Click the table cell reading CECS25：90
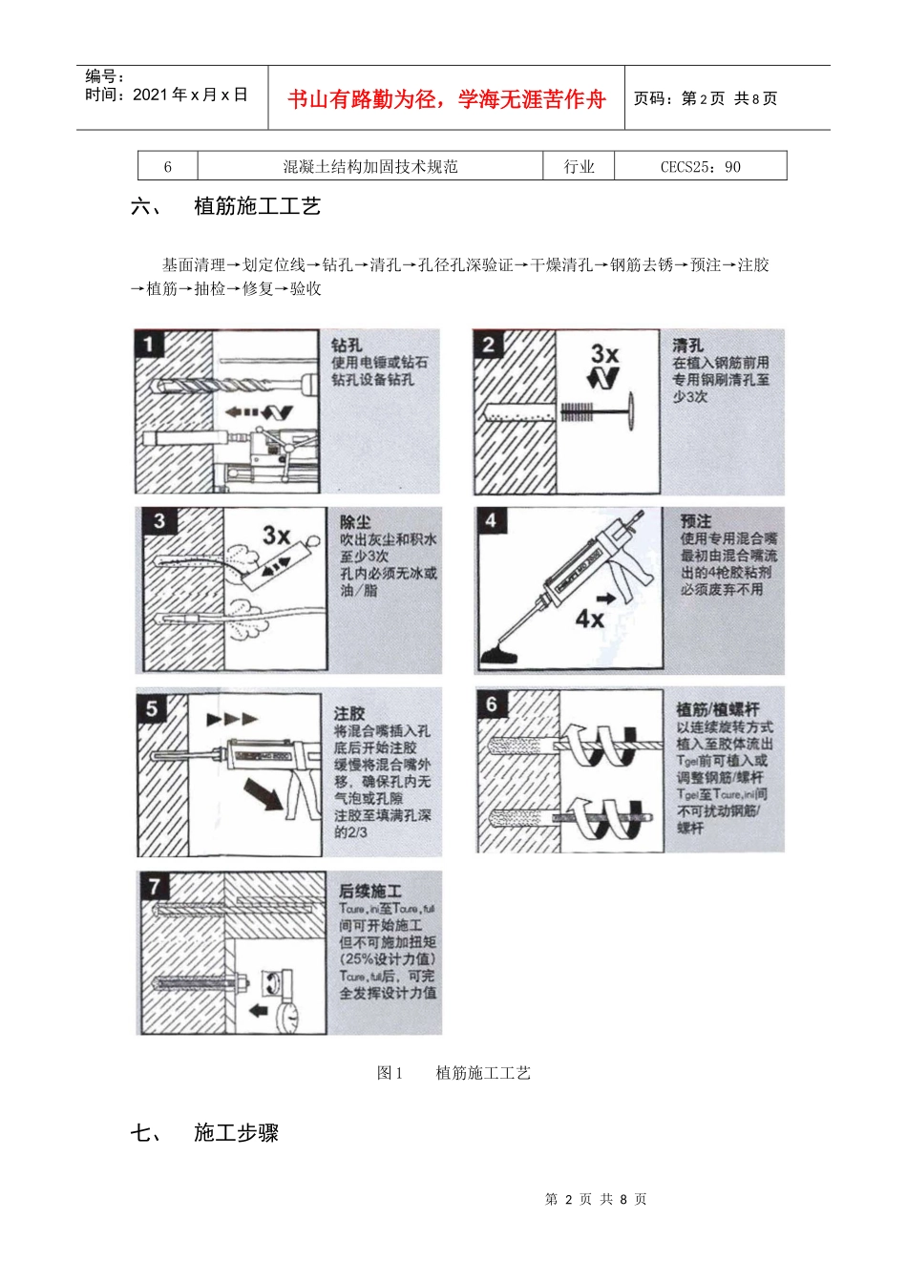click(700, 166)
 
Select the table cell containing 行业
click(579, 166)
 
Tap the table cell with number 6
click(168, 166)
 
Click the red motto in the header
click(447, 99)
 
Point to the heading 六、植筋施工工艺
click(226, 206)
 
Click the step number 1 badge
click(149, 344)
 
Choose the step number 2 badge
click(489, 345)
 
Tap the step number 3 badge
click(159, 521)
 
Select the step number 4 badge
click(491, 520)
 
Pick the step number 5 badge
click(152, 708)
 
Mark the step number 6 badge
click(492, 705)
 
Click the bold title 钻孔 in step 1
click(346, 346)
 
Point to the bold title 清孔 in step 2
click(687, 346)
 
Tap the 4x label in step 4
click(590, 619)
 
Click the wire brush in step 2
click(579, 412)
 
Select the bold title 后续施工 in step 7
click(370, 891)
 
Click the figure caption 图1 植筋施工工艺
click(453, 1073)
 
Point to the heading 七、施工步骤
click(205, 1133)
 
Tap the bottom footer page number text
click(596, 1199)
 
